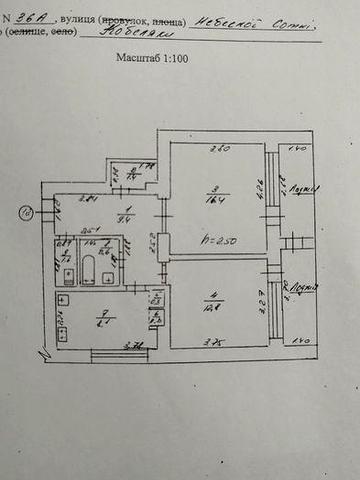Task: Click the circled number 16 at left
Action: pos(25,211)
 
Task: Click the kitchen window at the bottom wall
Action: pos(118,353)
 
